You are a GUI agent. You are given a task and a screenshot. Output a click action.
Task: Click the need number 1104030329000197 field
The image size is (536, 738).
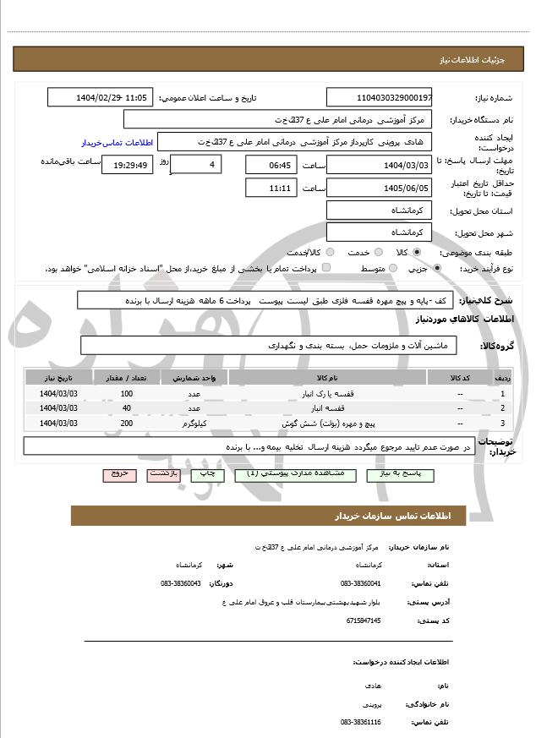380,99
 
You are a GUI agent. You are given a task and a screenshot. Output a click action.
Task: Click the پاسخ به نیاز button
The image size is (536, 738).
406,475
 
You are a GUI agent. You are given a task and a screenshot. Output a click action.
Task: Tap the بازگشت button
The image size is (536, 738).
163,475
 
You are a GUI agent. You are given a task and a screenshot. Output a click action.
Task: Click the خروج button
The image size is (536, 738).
117,475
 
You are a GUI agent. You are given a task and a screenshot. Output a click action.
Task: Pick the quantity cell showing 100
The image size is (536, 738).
127,394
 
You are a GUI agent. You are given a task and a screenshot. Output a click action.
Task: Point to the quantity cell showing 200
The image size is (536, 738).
127,423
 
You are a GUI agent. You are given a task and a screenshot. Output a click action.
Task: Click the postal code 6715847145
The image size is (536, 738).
364,620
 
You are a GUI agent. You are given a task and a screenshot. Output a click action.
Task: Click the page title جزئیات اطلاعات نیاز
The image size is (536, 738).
485,62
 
